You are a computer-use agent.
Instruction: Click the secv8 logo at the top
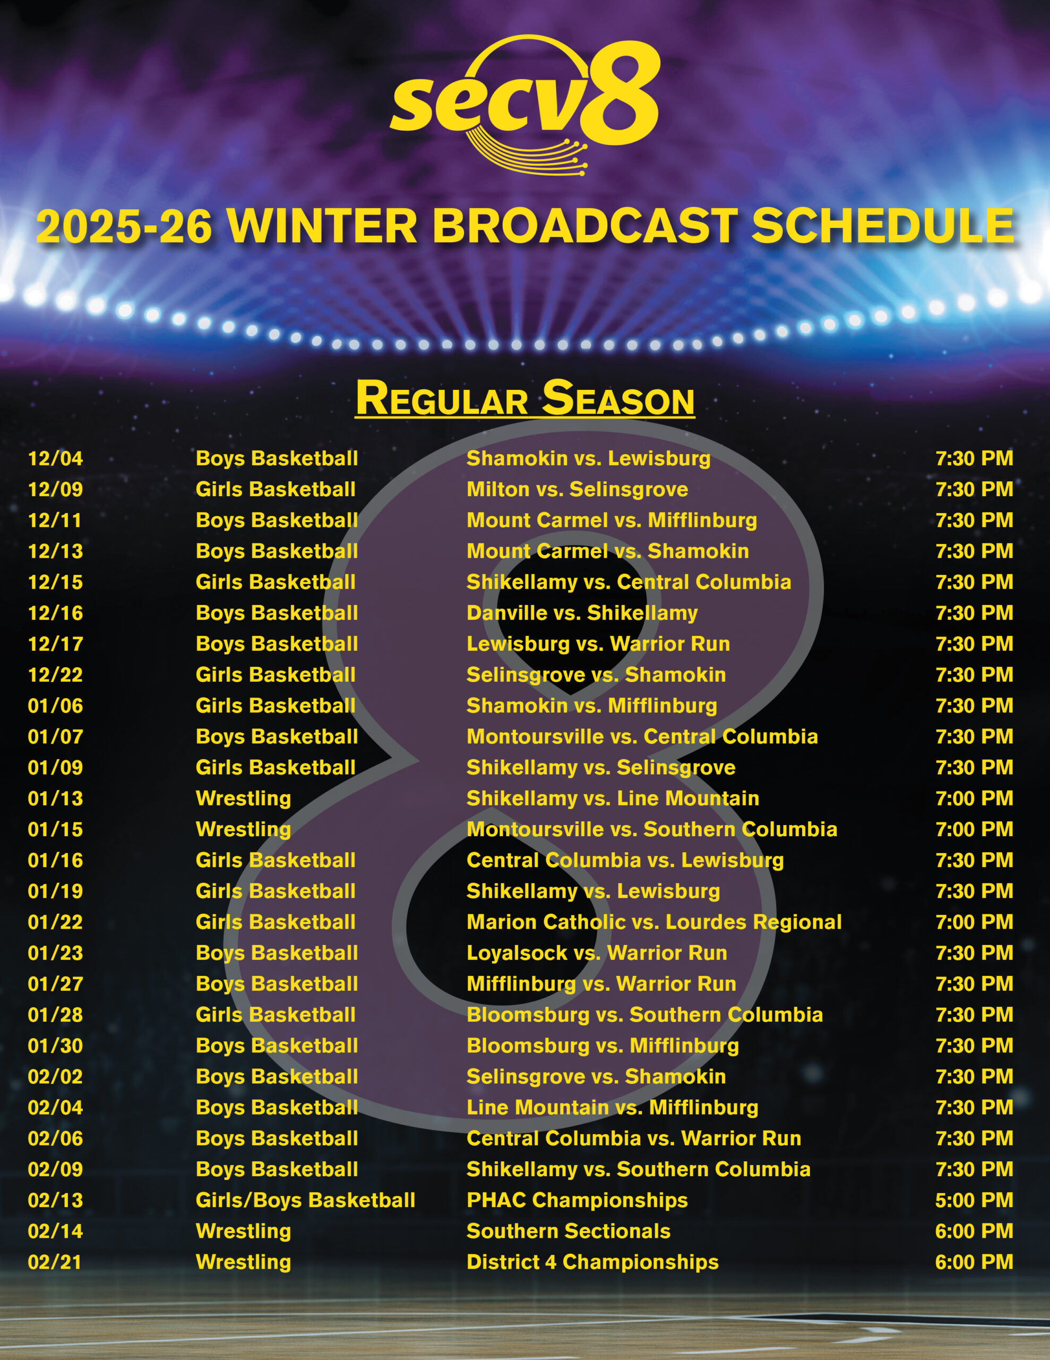pos(524,105)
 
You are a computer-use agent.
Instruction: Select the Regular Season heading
pos(524,398)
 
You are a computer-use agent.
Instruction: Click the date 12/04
pos(55,458)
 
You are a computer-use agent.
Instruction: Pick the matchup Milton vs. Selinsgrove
pos(577,489)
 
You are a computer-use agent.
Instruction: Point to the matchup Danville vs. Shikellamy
pos(582,613)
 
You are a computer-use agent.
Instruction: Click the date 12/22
pos(55,675)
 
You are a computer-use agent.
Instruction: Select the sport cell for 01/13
pos(243,799)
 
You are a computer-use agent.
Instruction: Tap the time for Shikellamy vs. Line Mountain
pos(974,798)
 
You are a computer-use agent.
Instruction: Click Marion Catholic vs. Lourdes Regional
pos(654,922)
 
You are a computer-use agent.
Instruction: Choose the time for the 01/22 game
pos(974,922)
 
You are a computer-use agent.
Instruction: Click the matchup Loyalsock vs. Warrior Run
pos(597,954)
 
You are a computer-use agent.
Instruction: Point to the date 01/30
pos(55,1046)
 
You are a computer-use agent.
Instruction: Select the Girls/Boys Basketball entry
pos(306,1201)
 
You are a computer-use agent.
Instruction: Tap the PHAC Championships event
pos(577,1201)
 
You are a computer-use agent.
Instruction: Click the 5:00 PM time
pos(974,1201)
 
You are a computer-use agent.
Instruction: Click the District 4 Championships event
pos(592,1262)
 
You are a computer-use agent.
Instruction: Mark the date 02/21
pos(55,1262)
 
